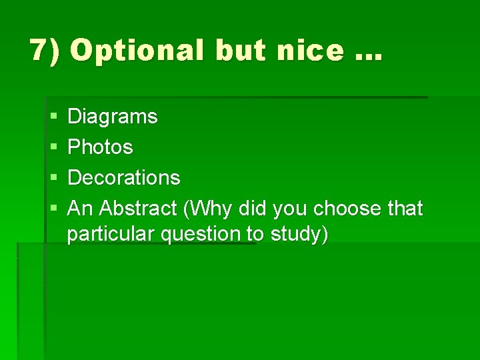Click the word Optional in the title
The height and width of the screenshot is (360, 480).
(137, 50)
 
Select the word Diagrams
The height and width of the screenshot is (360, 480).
(113, 117)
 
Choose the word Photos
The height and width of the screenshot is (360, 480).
(101, 147)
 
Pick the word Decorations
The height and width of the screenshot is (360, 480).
(124, 177)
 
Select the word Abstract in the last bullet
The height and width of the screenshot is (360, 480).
(138, 209)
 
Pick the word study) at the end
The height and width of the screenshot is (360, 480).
(299, 235)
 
